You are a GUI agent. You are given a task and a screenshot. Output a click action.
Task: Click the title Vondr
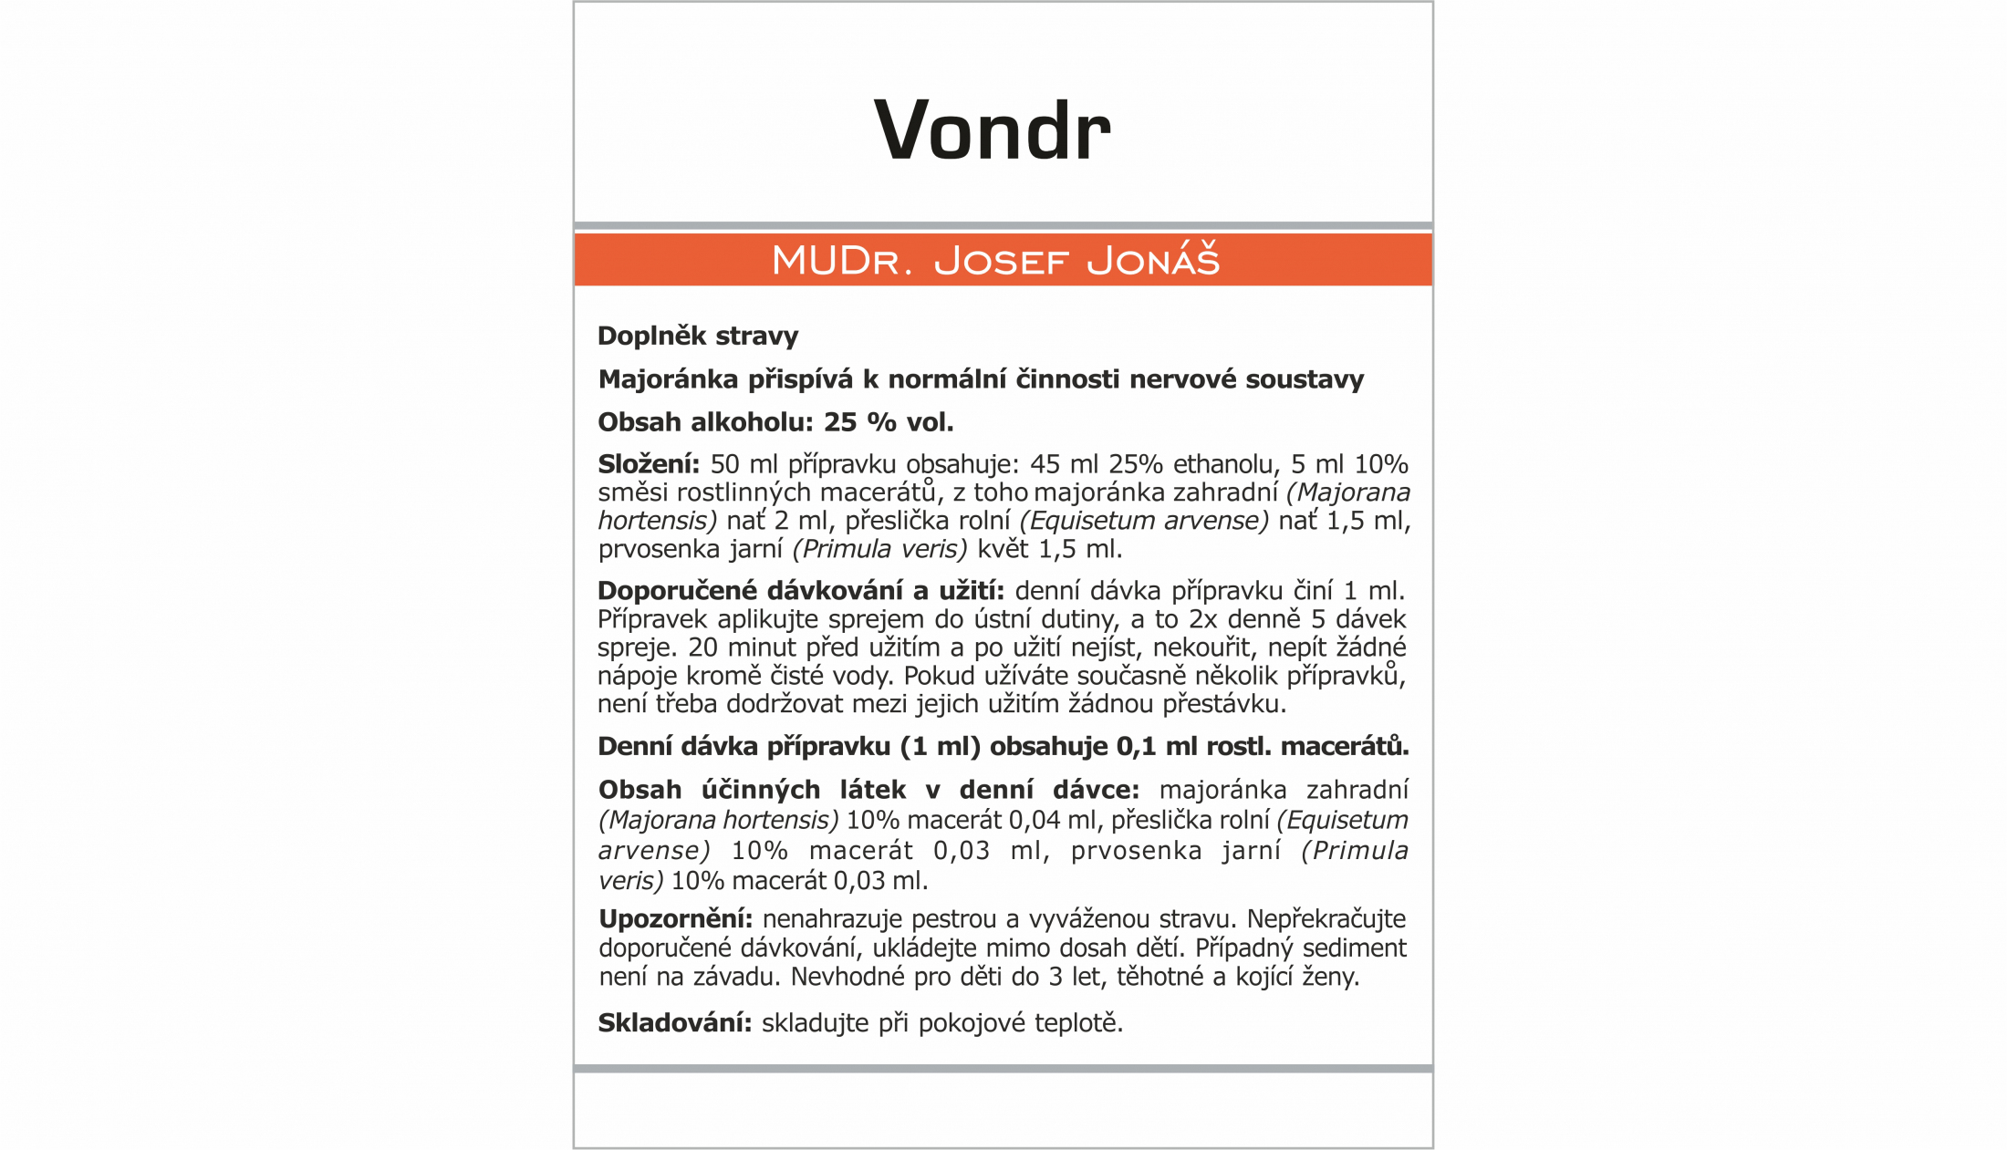coord(992,130)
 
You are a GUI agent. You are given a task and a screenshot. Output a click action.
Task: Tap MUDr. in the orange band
coord(841,261)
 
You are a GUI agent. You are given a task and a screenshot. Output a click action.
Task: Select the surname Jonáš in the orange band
coord(1153,261)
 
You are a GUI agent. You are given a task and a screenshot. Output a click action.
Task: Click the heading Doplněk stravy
coord(698,336)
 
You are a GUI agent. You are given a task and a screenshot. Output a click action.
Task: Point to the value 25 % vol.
coord(889,422)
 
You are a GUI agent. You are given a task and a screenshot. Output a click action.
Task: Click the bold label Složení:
coord(649,464)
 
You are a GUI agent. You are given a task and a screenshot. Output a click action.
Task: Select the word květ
coord(1003,549)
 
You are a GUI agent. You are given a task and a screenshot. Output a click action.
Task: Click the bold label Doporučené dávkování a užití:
coord(800,591)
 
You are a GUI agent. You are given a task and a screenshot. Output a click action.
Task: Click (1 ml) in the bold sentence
coord(940,747)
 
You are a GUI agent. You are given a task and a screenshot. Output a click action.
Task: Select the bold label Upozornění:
coord(675,919)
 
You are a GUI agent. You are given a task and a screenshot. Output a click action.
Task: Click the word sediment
coord(1354,948)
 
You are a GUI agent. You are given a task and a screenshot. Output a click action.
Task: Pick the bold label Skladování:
coord(674,1023)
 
